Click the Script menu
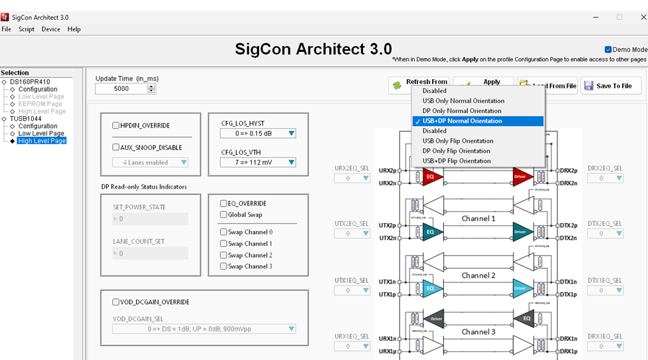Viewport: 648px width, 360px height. [27, 29]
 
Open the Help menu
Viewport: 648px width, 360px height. [74, 29]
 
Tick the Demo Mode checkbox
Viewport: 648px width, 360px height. [608, 50]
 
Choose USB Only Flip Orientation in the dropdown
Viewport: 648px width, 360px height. [458, 141]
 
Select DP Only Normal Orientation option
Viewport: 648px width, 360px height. [462, 111]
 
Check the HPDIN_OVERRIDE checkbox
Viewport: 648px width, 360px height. [116, 126]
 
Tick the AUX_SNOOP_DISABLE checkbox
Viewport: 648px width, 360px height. [116, 147]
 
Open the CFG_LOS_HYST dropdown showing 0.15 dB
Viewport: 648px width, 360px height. [258, 134]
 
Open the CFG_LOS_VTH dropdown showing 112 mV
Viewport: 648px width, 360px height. [258, 162]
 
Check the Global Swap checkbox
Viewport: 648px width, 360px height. [224, 215]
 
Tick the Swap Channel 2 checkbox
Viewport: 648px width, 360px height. [224, 255]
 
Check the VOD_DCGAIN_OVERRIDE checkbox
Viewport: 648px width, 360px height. [116, 302]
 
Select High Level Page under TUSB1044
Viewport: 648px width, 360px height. [42, 141]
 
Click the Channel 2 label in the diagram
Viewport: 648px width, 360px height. [479, 276]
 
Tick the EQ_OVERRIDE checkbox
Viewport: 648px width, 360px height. [224, 203]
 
